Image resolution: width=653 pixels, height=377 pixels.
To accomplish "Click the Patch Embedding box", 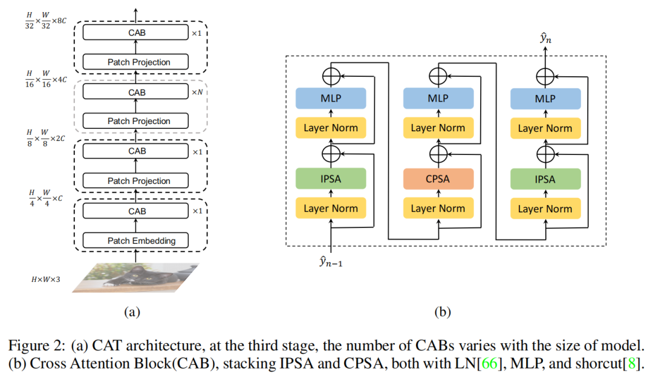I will pyautogui.click(x=141, y=241).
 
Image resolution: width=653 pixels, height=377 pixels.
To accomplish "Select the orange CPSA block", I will pyautogui.click(x=437, y=179).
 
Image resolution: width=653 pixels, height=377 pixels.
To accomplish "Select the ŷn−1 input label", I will pyautogui.click(x=333, y=263).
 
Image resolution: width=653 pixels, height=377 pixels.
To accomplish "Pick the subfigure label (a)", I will pyautogui.click(x=132, y=312).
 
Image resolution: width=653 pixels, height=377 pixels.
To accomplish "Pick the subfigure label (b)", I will pyautogui.click(x=443, y=312).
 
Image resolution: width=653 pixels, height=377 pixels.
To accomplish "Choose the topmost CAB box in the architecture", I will pyautogui.click(x=137, y=33).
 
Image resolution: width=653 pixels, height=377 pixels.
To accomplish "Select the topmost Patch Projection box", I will pyautogui.click(x=138, y=62).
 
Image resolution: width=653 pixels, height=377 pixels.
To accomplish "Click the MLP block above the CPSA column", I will pyautogui.click(x=437, y=99).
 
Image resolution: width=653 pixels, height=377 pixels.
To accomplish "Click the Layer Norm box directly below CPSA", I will pyautogui.click(x=437, y=209).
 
